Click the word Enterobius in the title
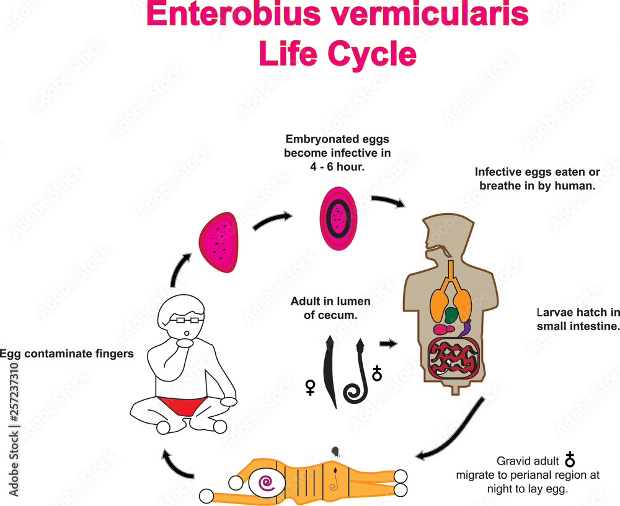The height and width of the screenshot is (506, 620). pyautogui.click(x=233, y=15)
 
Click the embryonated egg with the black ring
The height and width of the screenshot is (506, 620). pyautogui.click(x=339, y=219)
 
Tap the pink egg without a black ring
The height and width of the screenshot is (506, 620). pyautogui.click(x=219, y=242)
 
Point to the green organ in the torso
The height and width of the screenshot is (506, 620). pyautogui.click(x=452, y=315)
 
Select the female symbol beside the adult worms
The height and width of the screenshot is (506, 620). pyautogui.click(x=311, y=387)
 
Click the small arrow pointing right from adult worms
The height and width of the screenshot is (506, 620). pyautogui.click(x=388, y=343)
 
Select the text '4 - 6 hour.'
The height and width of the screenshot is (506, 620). pyautogui.click(x=337, y=167)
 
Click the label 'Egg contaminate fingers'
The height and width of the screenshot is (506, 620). pyautogui.click(x=66, y=354)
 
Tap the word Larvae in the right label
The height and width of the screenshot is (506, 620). pyautogui.click(x=552, y=312)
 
